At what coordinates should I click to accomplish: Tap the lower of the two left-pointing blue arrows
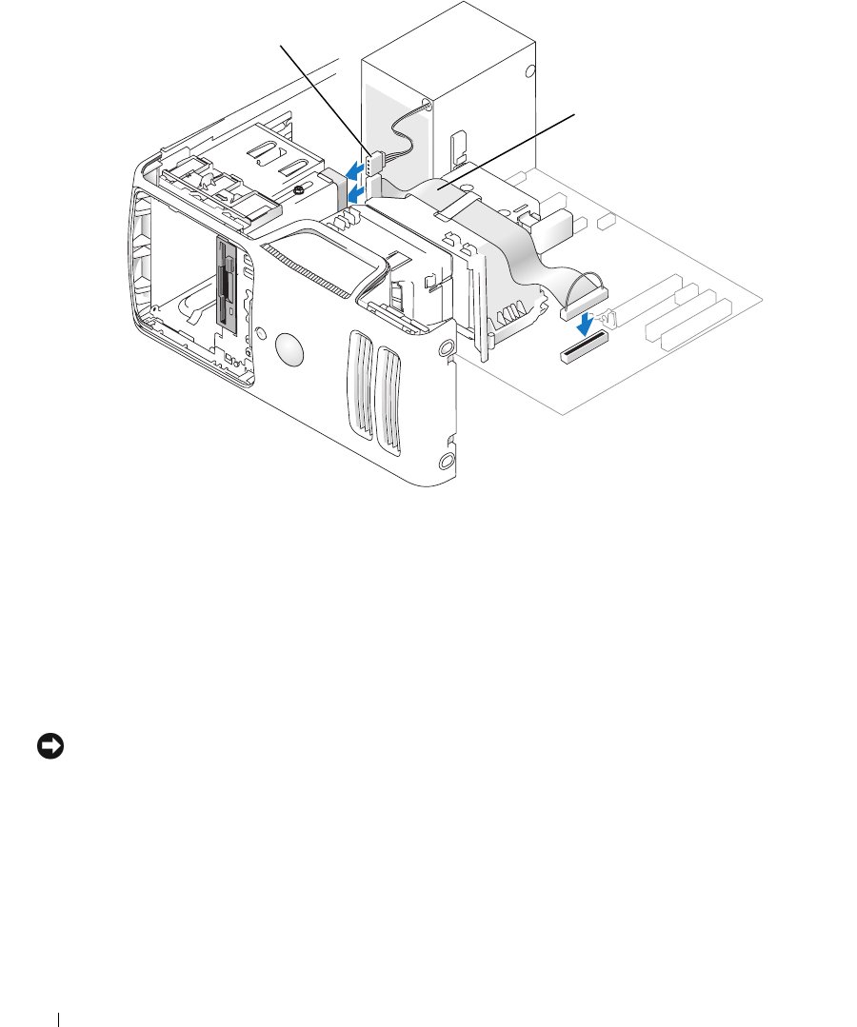tap(353, 194)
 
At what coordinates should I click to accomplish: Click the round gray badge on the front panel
tap(291, 349)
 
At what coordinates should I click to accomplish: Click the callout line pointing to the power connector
tap(324, 95)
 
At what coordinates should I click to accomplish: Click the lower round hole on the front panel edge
tap(448, 463)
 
